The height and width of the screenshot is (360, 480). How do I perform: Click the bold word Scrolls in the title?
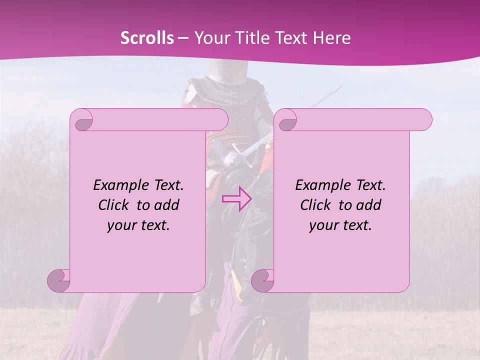[147, 37]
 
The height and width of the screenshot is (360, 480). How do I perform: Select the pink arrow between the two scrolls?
[236, 198]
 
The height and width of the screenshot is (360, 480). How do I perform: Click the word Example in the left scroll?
[116, 185]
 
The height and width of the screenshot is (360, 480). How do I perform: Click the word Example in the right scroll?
[318, 185]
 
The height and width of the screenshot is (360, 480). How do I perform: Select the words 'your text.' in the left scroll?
[138, 225]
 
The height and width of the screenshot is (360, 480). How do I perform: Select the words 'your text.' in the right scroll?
[340, 225]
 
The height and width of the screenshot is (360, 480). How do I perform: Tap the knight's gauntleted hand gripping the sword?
[231, 159]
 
